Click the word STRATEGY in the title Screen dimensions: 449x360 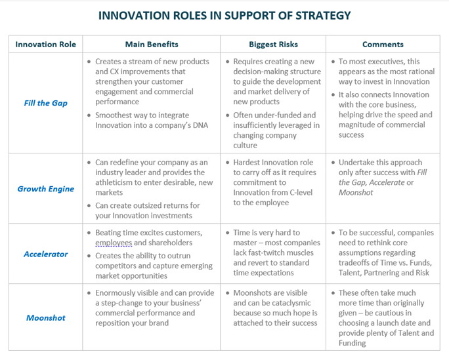tap(323, 16)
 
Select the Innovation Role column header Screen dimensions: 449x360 tap(46, 45)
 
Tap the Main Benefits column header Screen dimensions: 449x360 tap(152, 45)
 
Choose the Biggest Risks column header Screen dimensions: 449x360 tap(274, 45)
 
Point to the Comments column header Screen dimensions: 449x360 tap(383, 45)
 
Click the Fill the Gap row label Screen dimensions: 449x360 tap(46, 103)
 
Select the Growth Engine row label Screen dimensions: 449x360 tap(46, 189)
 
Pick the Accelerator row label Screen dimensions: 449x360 tap(46, 254)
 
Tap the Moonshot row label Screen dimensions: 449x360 tap(46, 317)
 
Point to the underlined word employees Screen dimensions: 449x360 tap(114, 243)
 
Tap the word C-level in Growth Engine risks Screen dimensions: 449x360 tap(301, 192)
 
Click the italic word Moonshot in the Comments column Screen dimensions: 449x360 tap(356, 192)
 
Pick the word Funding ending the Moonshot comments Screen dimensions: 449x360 tap(353, 343)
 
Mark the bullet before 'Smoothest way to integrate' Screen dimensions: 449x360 tap(89, 115)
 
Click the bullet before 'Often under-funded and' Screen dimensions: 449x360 tap(228, 115)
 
